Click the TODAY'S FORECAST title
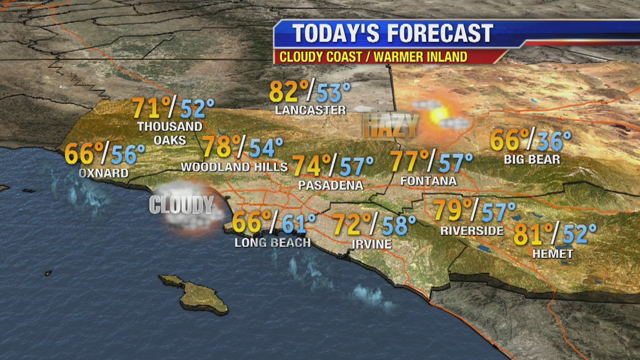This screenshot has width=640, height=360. pos(392,33)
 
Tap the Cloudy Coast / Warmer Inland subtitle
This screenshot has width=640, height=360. pos(373,56)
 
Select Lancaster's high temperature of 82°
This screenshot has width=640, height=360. pos(288,92)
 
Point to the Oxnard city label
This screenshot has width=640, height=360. pos(103,173)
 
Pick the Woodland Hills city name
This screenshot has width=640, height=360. pos(234,167)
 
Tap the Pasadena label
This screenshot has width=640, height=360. pos(330,185)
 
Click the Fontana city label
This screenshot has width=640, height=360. pos(428,181)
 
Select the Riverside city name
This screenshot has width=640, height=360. pos(472,230)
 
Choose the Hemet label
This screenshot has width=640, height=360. pos(552,254)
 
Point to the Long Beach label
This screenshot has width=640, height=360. pos(272,243)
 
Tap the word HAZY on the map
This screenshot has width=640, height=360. pos(390,125)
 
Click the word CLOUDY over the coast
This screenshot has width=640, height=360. pos(181,205)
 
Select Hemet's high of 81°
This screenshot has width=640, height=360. pos(534,234)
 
